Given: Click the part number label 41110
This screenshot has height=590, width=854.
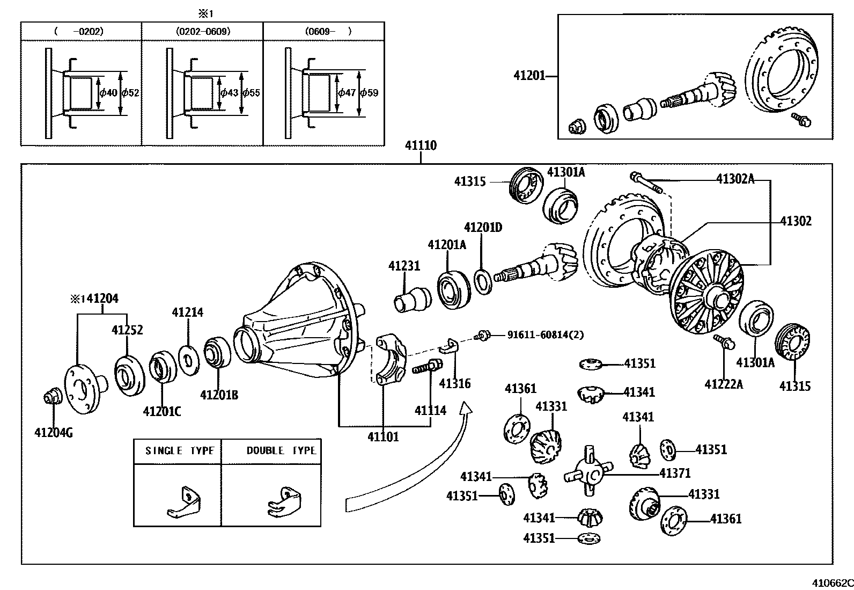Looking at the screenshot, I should (x=421, y=145).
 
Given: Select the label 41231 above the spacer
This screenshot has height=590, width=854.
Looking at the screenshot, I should (x=404, y=266).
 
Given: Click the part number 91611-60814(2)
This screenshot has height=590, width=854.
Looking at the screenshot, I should (x=545, y=334).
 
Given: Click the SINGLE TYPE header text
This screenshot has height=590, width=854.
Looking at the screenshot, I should (x=179, y=450).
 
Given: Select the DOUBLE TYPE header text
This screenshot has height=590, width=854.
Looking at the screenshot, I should (x=281, y=450).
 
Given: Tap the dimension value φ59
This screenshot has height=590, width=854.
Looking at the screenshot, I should (x=369, y=93).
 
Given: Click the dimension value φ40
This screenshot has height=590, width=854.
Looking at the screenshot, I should (x=108, y=93).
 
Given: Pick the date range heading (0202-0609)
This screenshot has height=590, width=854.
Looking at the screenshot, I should (x=203, y=31).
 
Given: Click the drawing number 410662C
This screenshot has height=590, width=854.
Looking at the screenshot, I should (x=831, y=583).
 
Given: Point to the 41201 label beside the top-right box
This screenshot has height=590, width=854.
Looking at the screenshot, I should (x=529, y=76).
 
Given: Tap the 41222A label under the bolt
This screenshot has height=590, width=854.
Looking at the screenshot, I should (x=724, y=383).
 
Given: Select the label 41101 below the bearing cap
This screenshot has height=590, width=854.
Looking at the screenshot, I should (x=383, y=436).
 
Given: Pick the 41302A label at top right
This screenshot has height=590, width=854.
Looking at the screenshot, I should (x=735, y=179).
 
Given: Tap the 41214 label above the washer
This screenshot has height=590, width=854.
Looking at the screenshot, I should (x=187, y=312).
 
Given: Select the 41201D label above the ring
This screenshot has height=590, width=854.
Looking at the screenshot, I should (x=483, y=227).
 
